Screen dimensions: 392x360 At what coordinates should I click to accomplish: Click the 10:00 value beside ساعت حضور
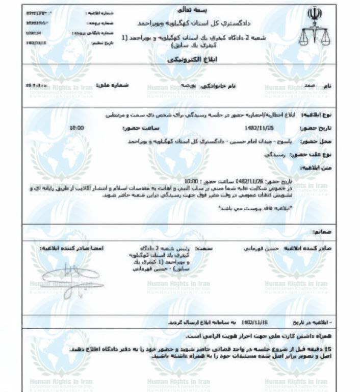point(76,127)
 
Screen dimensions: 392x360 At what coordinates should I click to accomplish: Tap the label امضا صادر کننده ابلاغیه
point(71,247)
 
